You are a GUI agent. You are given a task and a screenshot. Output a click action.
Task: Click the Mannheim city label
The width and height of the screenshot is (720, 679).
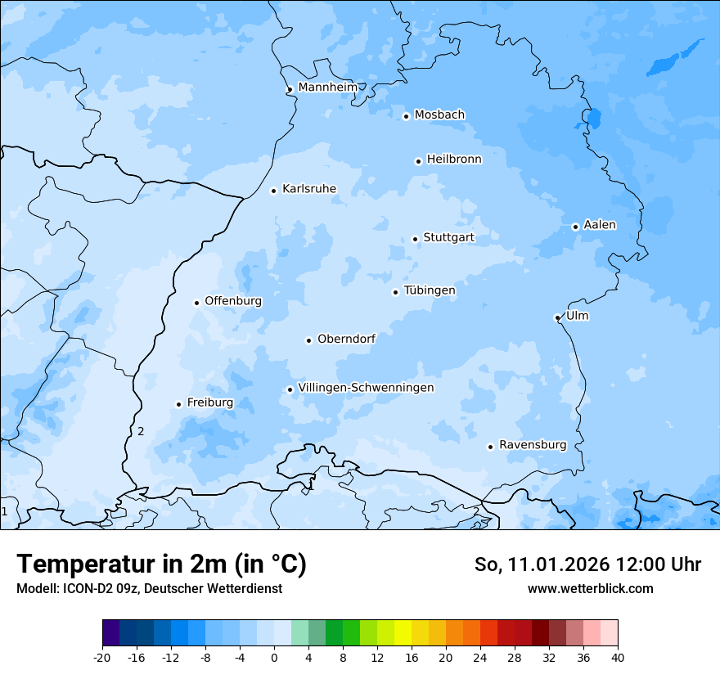(x=327, y=87)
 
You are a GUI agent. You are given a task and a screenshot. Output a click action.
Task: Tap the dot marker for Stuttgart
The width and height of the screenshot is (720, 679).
(x=415, y=239)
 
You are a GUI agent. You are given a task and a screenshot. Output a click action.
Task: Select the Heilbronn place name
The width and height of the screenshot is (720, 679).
(x=454, y=159)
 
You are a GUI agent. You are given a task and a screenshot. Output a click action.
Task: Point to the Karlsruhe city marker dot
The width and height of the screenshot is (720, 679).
(x=274, y=191)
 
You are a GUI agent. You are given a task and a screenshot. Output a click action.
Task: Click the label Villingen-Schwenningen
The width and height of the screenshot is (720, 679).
(x=366, y=387)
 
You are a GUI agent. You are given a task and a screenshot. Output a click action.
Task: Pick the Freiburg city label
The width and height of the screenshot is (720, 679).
(x=209, y=402)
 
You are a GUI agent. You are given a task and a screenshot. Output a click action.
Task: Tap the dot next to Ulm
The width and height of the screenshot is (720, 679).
(x=557, y=317)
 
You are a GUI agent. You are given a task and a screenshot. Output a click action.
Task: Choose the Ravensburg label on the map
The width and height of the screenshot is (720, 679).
(x=533, y=444)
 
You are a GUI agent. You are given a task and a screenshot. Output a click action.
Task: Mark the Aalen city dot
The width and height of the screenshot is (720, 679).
(x=575, y=227)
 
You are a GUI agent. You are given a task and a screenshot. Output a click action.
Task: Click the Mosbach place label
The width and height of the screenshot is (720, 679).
(x=439, y=115)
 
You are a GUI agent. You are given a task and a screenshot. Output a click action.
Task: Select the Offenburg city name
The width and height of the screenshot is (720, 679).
(x=233, y=300)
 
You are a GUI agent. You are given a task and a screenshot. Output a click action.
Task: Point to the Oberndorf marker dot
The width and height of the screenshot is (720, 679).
(x=309, y=340)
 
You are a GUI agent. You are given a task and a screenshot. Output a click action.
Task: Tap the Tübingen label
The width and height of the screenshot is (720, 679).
(x=430, y=290)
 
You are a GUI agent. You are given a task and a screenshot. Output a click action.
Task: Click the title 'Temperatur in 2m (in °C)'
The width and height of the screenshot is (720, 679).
(x=161, y=564)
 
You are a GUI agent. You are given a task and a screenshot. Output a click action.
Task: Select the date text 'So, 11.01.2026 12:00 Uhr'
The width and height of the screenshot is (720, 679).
(x=587, y=564)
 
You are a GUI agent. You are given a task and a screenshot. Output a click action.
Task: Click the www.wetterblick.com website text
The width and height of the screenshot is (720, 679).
(x=590, y=588)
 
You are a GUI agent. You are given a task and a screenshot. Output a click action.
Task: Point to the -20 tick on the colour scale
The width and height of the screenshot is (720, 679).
(x=102, y=657)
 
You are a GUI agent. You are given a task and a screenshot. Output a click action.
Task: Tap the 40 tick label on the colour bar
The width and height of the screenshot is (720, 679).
(x=617, y=657)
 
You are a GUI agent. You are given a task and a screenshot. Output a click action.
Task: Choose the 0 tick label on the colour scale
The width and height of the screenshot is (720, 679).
(x=274, y=657)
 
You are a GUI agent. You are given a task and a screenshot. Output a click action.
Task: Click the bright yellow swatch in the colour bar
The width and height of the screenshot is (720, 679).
(x=403, y=633)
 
